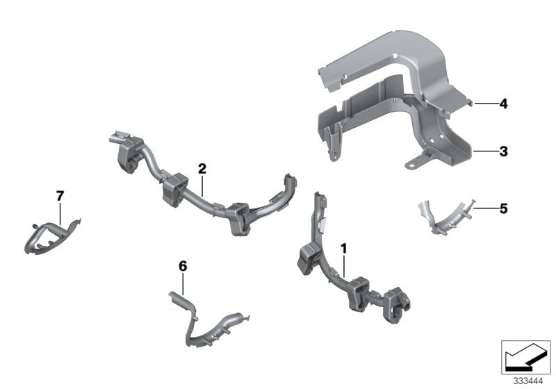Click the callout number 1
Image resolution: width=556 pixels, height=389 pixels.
pyautogui.click(x=343, y=248)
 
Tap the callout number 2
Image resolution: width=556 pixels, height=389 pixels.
pyautogui.click(x=202, y=168)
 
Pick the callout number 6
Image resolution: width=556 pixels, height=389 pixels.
pyautogui.click(x=183, y=266)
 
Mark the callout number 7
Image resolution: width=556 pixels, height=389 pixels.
pyautogui.click(x=59, y=197)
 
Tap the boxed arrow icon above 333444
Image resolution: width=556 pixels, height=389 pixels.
pyautogui.click(x=525, y=356)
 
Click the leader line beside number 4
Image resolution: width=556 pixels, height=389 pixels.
pyautogui.click(x=485, y=104)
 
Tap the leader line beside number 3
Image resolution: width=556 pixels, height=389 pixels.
pyautogui.click(x=484, y=150)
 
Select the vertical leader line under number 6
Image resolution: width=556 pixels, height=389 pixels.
pyautogui.click(x=183, y=283)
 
